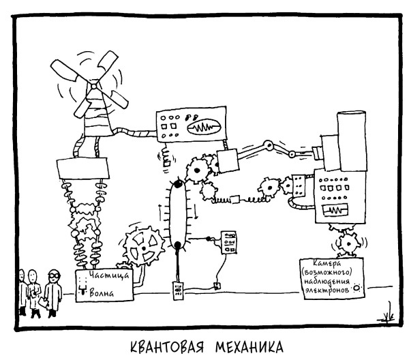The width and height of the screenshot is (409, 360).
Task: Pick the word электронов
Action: point(326,290)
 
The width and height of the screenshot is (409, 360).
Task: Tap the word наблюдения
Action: point(331,281)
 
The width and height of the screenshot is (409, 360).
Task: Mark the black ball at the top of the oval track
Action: point(177,184)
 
